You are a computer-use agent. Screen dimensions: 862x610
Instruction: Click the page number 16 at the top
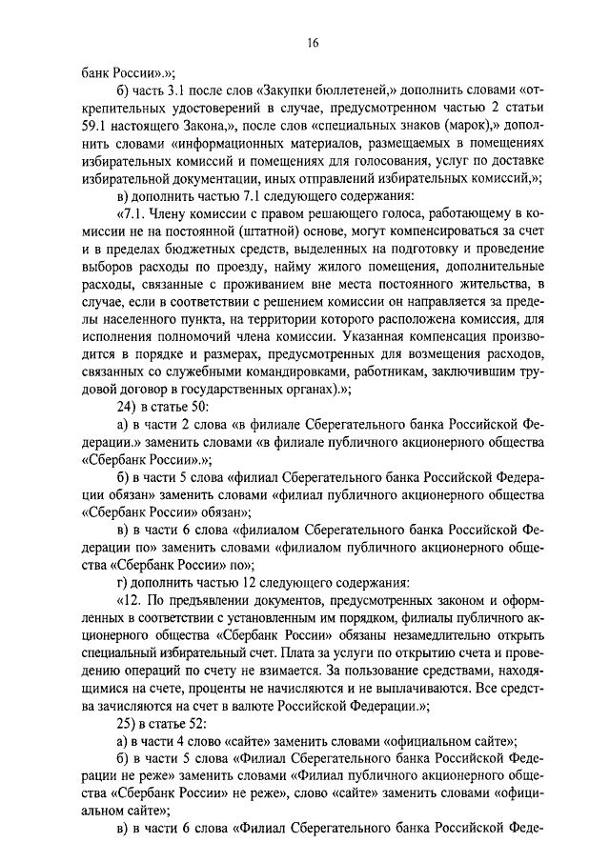(312, 42)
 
